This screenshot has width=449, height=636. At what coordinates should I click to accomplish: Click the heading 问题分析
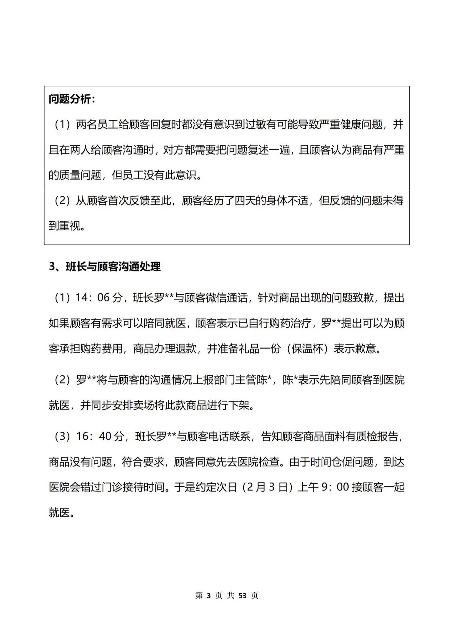click(70, 99)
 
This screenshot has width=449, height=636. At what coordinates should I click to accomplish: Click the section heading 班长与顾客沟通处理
click(113, 267)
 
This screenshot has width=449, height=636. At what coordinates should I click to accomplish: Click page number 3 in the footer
click(209, 596)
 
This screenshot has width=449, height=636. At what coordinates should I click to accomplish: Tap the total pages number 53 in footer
click(242, 596)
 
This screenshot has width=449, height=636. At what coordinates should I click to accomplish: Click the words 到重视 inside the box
click(65, 225)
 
